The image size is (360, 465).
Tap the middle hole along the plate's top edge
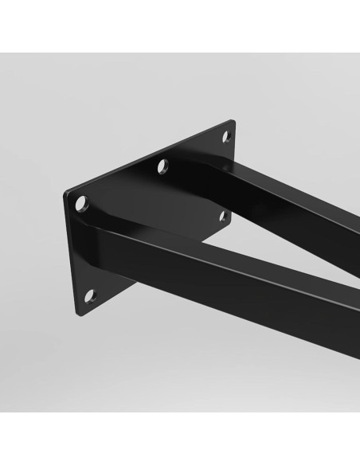click(162, 166)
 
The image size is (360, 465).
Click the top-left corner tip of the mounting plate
click(65, 194)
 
